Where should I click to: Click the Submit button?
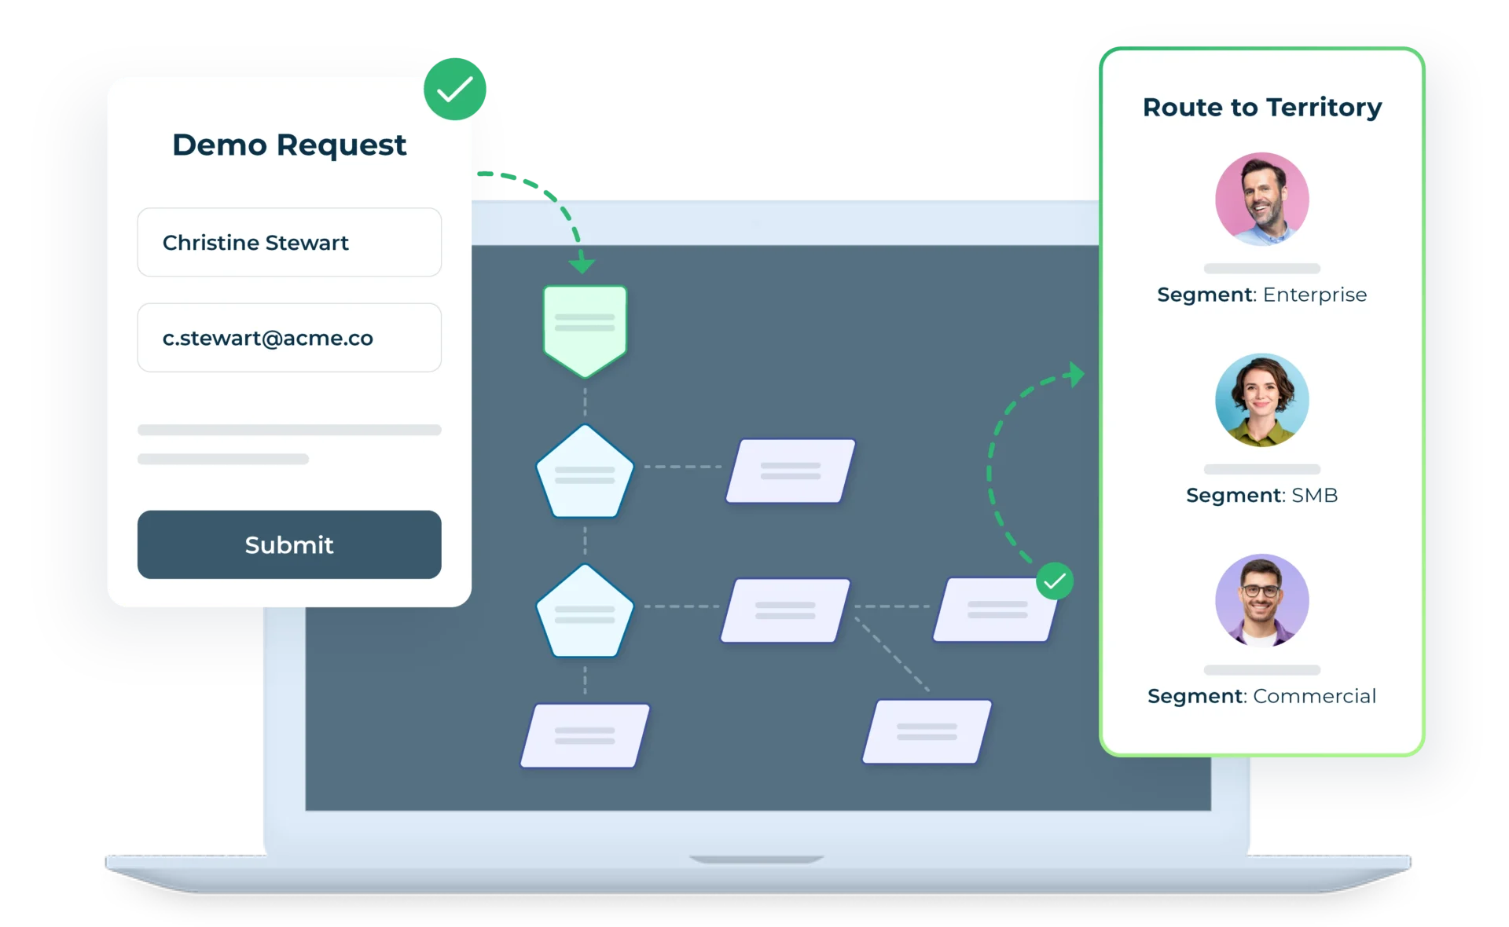289,544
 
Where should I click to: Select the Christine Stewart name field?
289,242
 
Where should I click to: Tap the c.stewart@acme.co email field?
289,338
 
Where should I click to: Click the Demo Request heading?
289,145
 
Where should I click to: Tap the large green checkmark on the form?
455,89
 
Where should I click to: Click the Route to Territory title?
1262,107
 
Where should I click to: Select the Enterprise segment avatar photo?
1262,199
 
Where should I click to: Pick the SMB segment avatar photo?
1262,400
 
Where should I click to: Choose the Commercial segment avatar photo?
1262,601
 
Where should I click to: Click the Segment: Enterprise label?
1262,295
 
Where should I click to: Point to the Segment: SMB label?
1262,495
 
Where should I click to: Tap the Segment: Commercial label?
1262,696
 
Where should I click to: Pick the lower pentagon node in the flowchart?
585,612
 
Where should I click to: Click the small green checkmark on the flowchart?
1055,581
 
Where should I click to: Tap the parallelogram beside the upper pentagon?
791,471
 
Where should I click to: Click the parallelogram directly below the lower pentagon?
585,735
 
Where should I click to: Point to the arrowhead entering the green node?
582,264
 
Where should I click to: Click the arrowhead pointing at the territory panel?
1077,374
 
